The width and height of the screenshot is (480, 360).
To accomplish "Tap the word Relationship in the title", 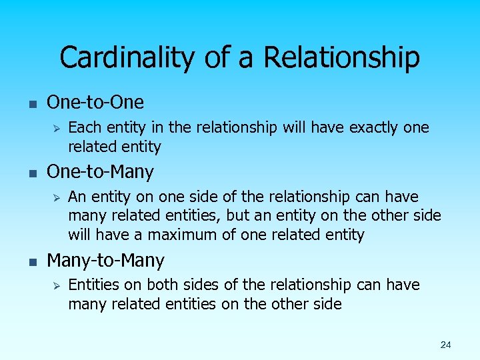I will [341, 57].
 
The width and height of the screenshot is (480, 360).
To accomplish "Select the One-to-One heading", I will [95, 102].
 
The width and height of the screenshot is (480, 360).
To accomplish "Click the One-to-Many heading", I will [100, 172].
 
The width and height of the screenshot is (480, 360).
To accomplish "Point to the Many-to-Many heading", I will [105, 260].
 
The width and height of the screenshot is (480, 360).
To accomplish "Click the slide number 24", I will [445, 345].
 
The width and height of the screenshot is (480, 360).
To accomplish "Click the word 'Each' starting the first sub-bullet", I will [83, 127].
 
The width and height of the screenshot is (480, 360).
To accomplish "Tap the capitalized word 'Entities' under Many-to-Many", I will [95, 285].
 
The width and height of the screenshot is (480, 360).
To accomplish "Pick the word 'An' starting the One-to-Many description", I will [77, 197].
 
